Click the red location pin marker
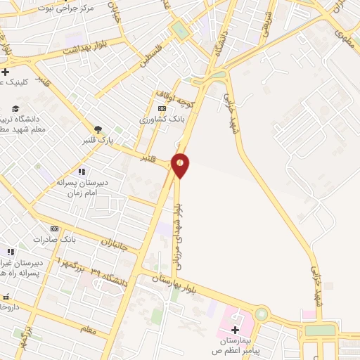tap(181, 165)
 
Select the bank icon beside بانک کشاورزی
tap(162, 108)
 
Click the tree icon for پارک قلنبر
tap(98, 129)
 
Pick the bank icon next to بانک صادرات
tap(55, 229)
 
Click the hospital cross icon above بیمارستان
tap(235, 330)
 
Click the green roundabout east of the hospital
tap(262, 314)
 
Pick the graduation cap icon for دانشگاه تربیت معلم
tap(15, 108)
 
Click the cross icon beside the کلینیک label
tap(5, 72)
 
